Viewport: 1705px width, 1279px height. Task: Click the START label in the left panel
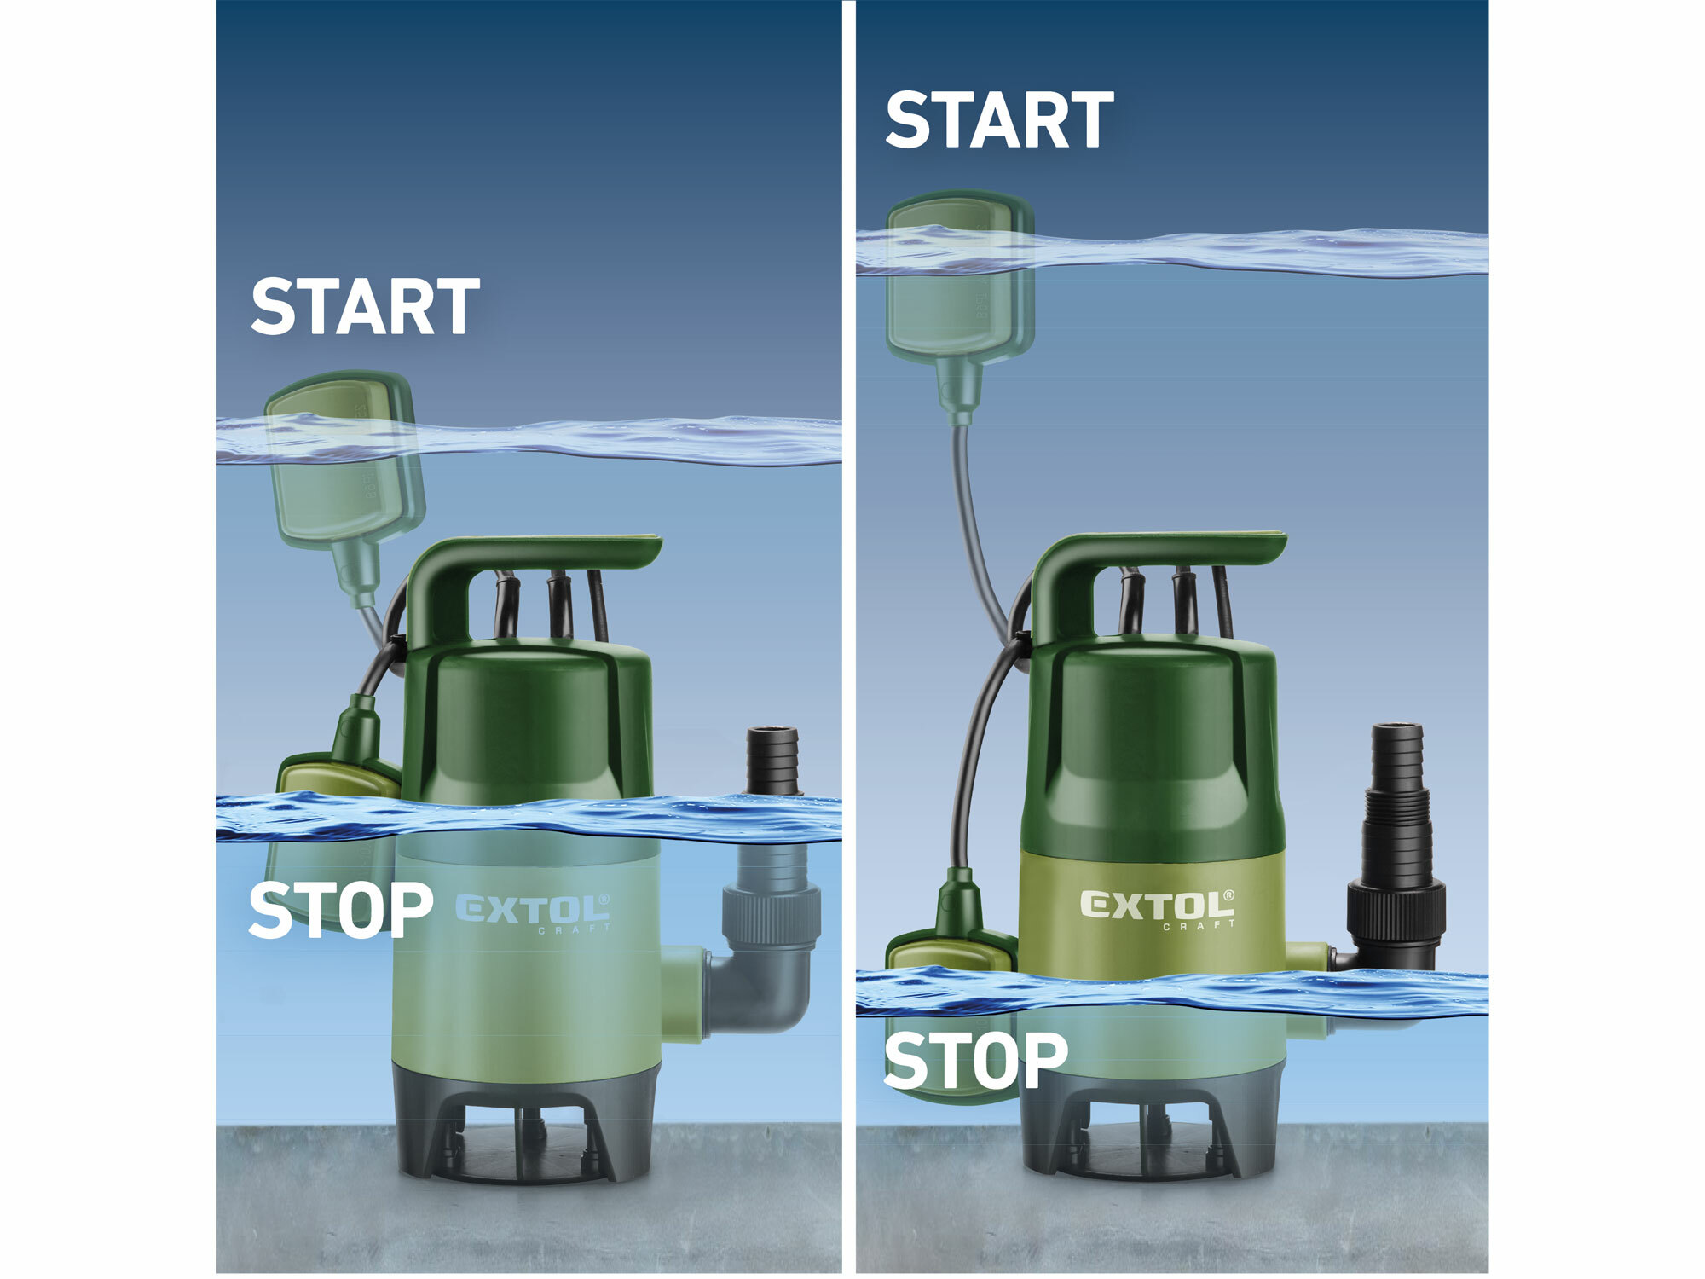pos(365,306)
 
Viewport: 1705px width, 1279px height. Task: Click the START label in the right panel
pos(999,120)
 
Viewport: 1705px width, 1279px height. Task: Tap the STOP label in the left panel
pos(340,910)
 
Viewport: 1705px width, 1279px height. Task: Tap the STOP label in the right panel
pos(975,1060)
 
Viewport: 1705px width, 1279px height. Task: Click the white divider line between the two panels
pos(849,639)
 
